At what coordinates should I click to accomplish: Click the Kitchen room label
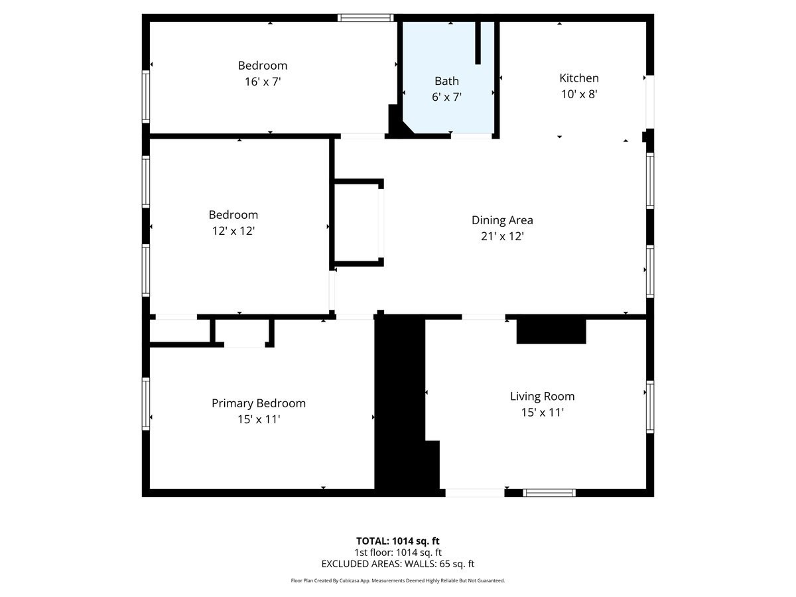point(578,78)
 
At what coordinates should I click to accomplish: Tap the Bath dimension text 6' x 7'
point(446,97)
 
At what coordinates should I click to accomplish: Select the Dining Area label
point(502,220)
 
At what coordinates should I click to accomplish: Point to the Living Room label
point(542,397)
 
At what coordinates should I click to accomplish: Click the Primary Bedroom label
point(258,403)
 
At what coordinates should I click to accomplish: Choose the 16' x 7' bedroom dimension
point(263,82)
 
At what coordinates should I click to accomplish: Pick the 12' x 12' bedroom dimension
point(232,231)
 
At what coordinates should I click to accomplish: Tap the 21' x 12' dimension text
point(502,236)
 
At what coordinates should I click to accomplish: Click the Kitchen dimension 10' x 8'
point(579,94)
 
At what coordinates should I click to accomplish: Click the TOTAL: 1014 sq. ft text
point(397,541)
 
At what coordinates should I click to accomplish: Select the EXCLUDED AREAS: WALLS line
point(397,564)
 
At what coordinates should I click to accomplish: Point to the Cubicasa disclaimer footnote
point(397,580)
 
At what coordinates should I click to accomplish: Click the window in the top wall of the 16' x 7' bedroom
point(365,18)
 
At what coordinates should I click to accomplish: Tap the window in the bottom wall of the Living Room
point(549,493)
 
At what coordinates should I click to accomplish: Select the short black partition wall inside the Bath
point(478,42)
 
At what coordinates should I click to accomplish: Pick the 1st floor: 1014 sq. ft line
point(397,552)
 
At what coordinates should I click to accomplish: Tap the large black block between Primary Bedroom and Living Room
point(400,405)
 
